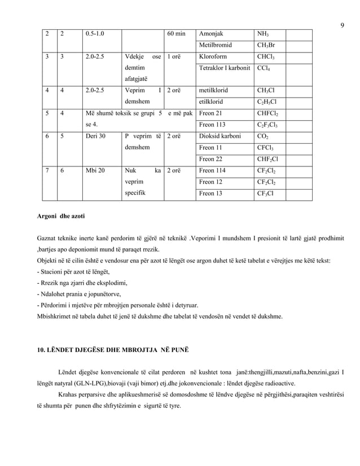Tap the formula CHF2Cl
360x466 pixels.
click(268, 159)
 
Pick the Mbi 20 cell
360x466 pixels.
click(94, 170)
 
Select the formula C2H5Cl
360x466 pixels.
click(266, 102)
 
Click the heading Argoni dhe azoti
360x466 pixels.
click(61, 216)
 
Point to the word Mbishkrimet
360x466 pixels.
click(55, 316)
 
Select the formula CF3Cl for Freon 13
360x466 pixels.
click(265, 194)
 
